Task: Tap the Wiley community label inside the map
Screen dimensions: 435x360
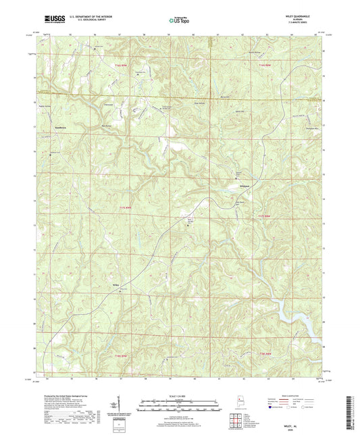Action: click(117, 284)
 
